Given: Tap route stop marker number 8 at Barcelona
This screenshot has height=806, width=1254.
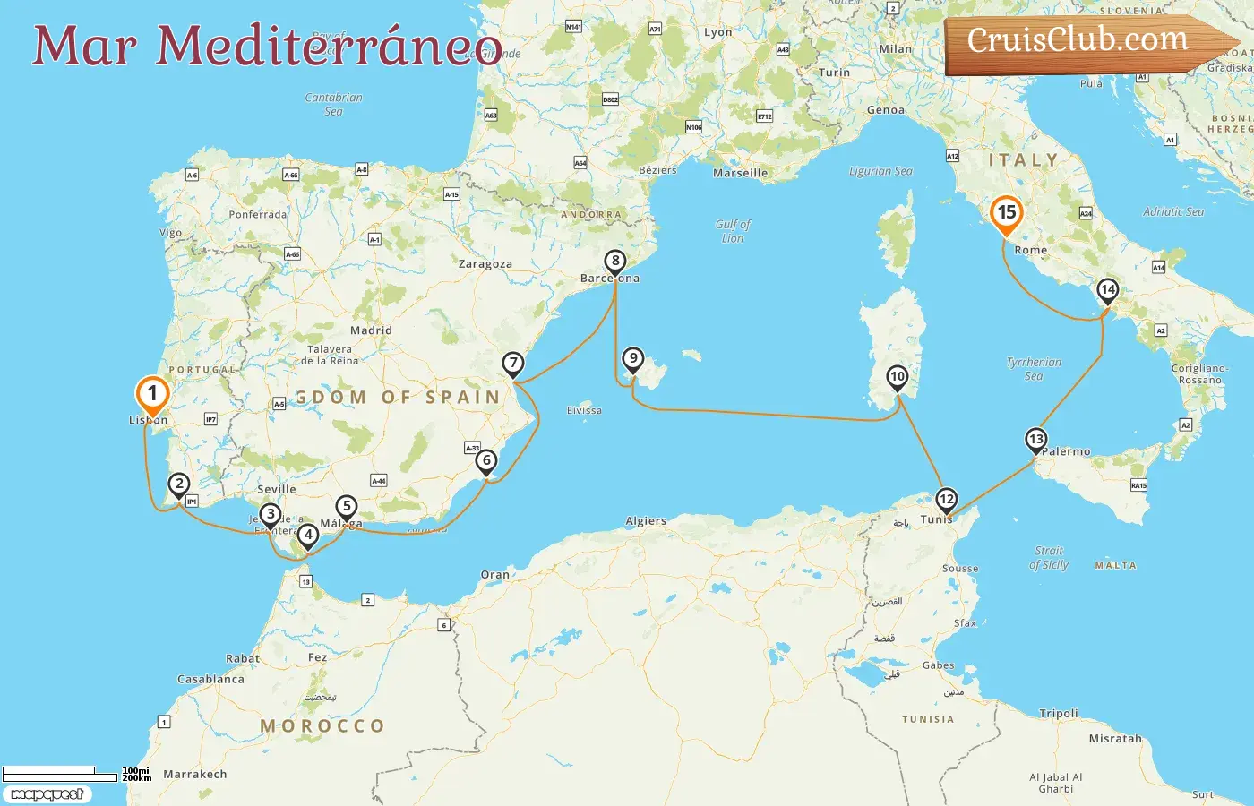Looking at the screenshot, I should (614, 262).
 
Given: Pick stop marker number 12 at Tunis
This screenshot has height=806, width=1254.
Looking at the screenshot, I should (946, 500).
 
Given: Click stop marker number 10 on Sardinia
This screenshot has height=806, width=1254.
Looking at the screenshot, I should (897, 377).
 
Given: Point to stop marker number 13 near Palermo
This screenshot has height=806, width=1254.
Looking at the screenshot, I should (1035, 440).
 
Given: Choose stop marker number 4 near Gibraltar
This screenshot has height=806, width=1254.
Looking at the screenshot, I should (308, 536).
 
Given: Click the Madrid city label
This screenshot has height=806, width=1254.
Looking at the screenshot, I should (371, 330).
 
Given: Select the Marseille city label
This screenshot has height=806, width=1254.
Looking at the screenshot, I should (740, 173).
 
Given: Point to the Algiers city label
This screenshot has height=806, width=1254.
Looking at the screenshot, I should (646, 520).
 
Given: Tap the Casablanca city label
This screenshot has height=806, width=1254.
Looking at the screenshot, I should (210, 679).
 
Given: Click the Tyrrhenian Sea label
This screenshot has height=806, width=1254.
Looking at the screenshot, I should (1034, 369).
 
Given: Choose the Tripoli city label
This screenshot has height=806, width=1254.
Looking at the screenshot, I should (1059, 714).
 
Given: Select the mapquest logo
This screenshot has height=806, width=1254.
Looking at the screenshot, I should (47, 794).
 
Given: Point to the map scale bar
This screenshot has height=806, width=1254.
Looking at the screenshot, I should (60, 774).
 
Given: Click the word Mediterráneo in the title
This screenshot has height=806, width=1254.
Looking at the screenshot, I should (329, 47).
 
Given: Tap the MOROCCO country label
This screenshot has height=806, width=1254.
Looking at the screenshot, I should (322, 725).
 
